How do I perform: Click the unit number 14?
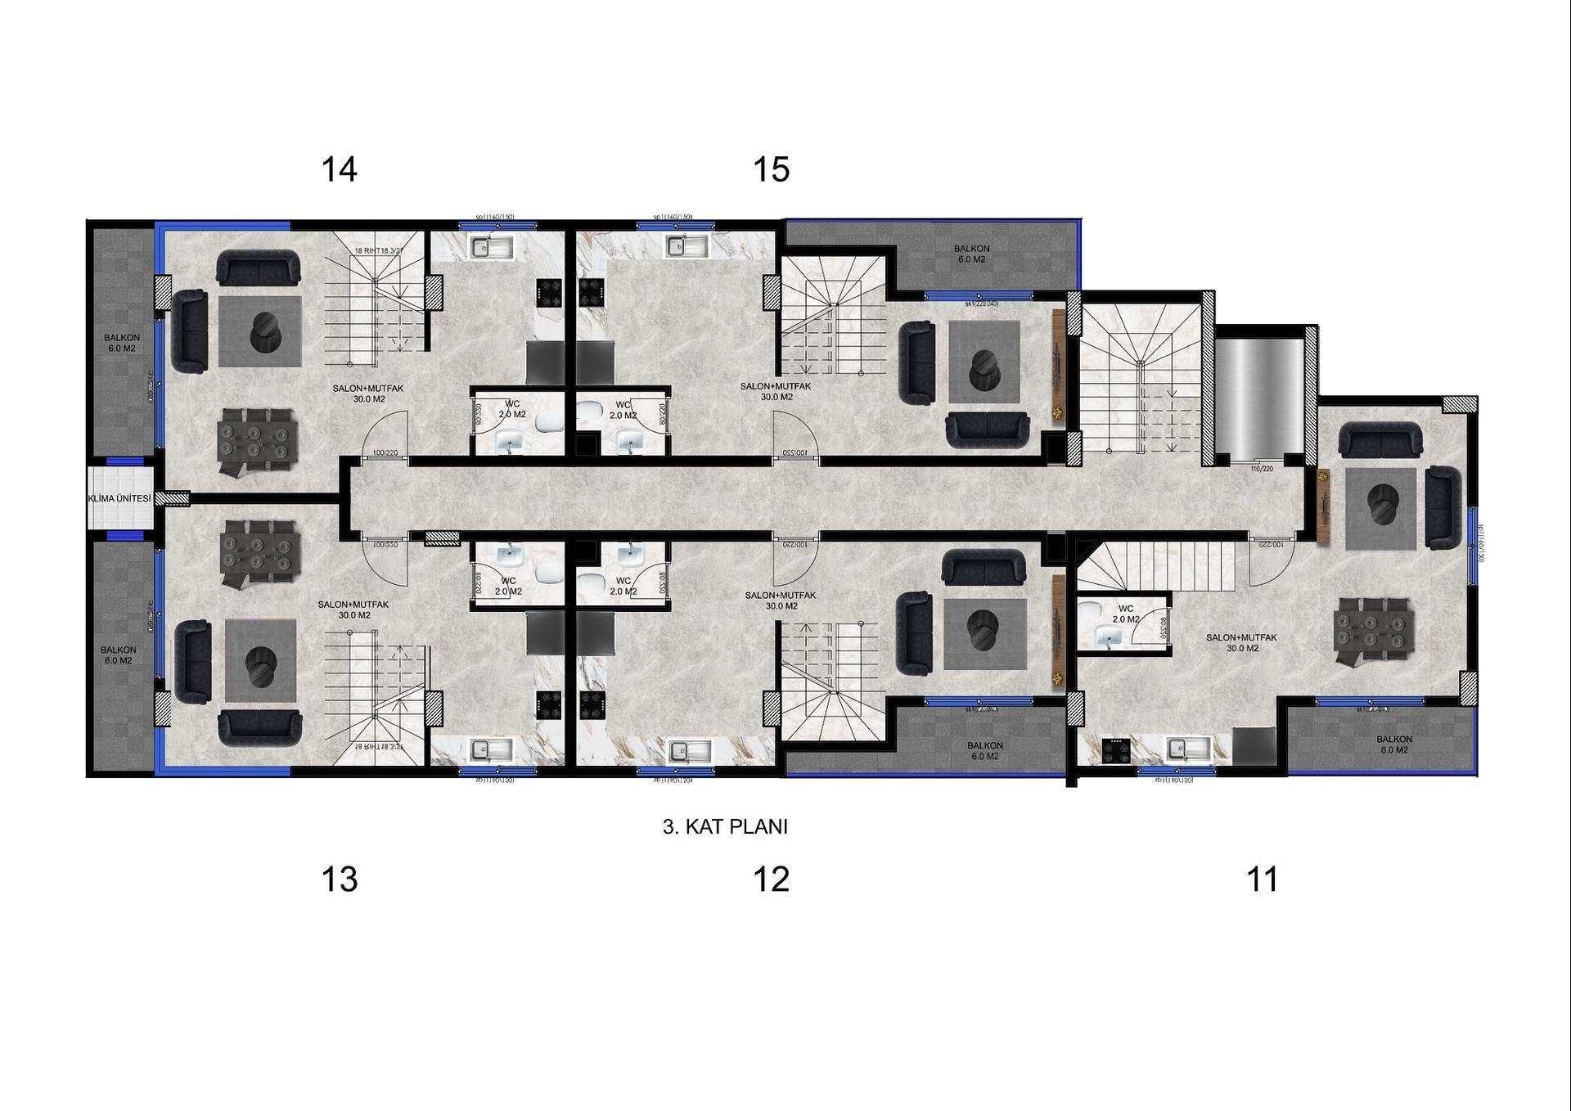339,169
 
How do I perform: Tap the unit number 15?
771,169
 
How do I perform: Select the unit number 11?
1261,879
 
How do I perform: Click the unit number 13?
339,879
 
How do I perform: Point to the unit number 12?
771,879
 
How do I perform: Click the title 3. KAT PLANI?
725,826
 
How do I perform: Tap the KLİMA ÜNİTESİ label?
119,498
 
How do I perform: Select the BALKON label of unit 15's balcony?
971,254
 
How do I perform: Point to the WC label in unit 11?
1126,614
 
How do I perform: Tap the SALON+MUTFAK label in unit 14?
368,394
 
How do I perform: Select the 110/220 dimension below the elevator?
1262,469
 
